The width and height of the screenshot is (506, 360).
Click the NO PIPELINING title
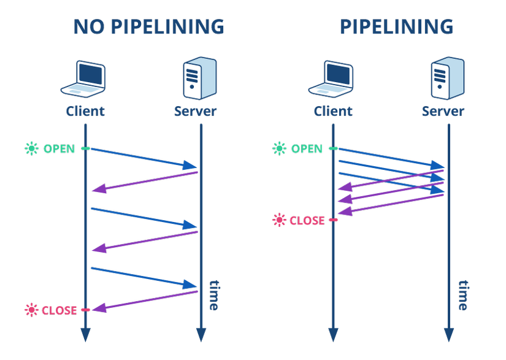pyautogui.click(x=148, y=27)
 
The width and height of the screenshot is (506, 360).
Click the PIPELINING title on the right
pyautogui.click(x=396, y=27)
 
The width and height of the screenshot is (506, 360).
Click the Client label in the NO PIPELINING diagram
pyautogui.click(x=85, y=111)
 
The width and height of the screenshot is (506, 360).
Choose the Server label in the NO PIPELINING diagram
pyautogui.click(x=195, y=111)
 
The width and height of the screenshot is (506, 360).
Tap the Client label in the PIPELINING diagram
pyautogui.click(x=333, y=111)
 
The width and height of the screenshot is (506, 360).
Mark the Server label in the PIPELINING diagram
pyautogui.click(x=443, y=111)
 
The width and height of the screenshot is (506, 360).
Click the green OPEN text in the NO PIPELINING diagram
pyautogui.click(x=59, y=148)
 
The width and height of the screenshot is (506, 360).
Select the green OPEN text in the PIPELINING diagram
pyautogui.click(x=307, y=148)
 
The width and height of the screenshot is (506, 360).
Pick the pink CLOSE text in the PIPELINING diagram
pyautogui.click(x=307, y=220)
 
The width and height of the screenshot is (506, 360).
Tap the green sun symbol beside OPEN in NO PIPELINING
pyautogui.click(x=31, y=148)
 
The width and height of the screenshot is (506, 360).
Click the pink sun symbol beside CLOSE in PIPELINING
pyautogui.click(x=280, y=220)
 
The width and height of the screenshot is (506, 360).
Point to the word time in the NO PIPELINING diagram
pyautogui.click(x=213, y=295)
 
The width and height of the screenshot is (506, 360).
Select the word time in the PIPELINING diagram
pyautogui.click(x=462, y=295)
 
